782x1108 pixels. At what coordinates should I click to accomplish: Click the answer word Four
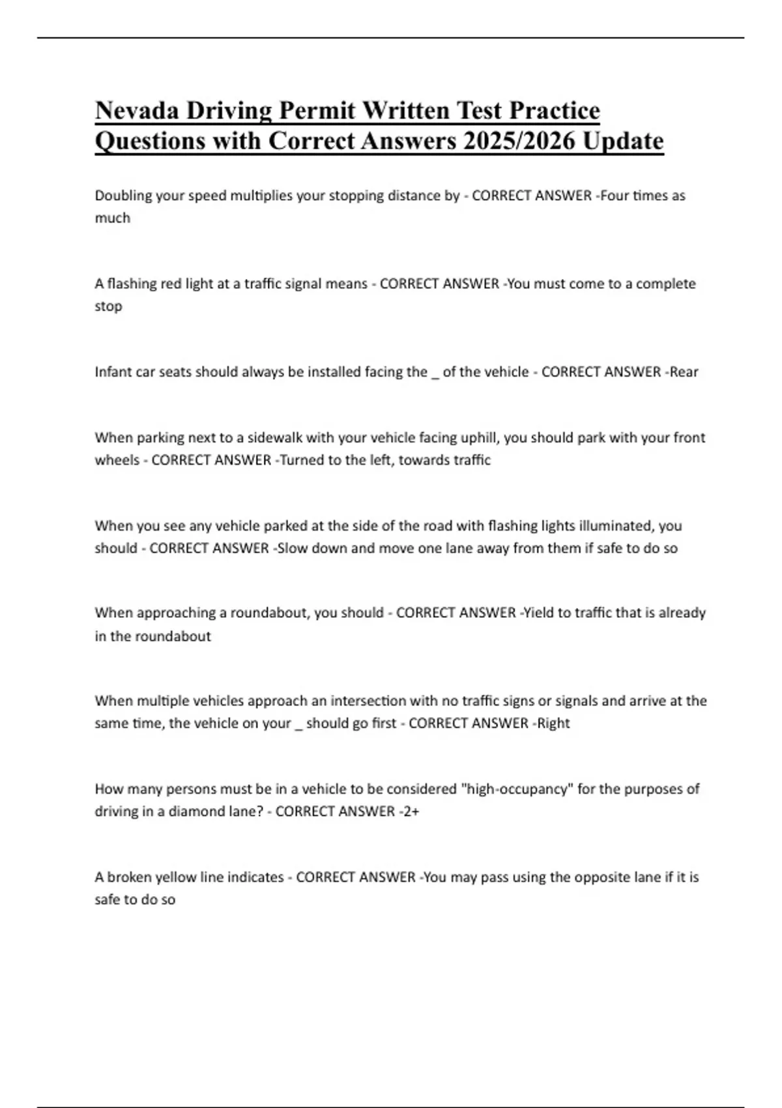coord(614,196)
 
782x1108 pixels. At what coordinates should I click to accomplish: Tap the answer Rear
coord(684,372)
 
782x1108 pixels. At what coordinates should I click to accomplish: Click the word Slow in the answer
coord(293,548)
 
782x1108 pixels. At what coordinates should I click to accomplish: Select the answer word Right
coord(553,723)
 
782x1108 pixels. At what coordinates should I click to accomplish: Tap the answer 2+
coord(411,811)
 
